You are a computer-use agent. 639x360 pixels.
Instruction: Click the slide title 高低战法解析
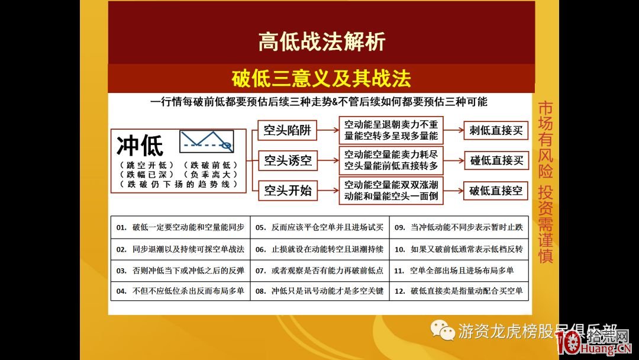(321, 41)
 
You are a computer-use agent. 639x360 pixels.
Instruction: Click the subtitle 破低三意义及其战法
(321, 78)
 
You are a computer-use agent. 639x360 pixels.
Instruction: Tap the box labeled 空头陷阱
(288, 130)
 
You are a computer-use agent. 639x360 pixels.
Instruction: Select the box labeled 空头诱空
(288, 160)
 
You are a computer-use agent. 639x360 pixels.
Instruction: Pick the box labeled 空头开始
(288, 190)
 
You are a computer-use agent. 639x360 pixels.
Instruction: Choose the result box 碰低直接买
(496, 160)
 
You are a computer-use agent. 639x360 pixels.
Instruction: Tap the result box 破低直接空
(496, 191)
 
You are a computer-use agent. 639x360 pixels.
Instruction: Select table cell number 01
(180, 227)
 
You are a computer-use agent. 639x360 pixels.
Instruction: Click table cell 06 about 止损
(319, 249)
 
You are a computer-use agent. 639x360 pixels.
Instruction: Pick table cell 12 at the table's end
(459, 291)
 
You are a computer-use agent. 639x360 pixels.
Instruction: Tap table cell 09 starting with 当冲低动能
(459, 227)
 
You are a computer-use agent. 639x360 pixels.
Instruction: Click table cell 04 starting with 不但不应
(180, 291)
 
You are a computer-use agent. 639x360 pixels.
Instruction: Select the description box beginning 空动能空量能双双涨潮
(391, 190)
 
